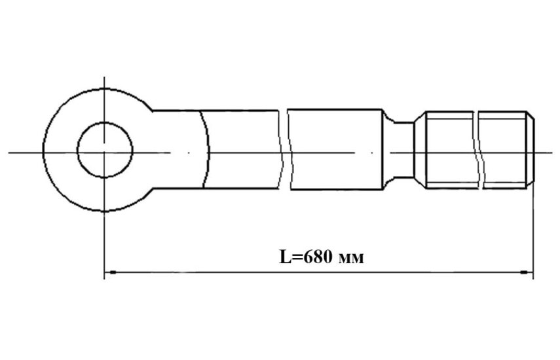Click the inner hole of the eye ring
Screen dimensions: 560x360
[105, 150]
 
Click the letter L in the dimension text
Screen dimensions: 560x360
[286, 257]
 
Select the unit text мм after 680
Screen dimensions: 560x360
[350, 259]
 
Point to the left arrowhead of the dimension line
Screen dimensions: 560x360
[112, 272]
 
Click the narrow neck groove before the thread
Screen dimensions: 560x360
[403, 150]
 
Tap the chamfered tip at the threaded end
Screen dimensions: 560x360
[531, 150]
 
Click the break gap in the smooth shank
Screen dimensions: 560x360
[286, 150]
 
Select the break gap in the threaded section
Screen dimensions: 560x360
[479, 150]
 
